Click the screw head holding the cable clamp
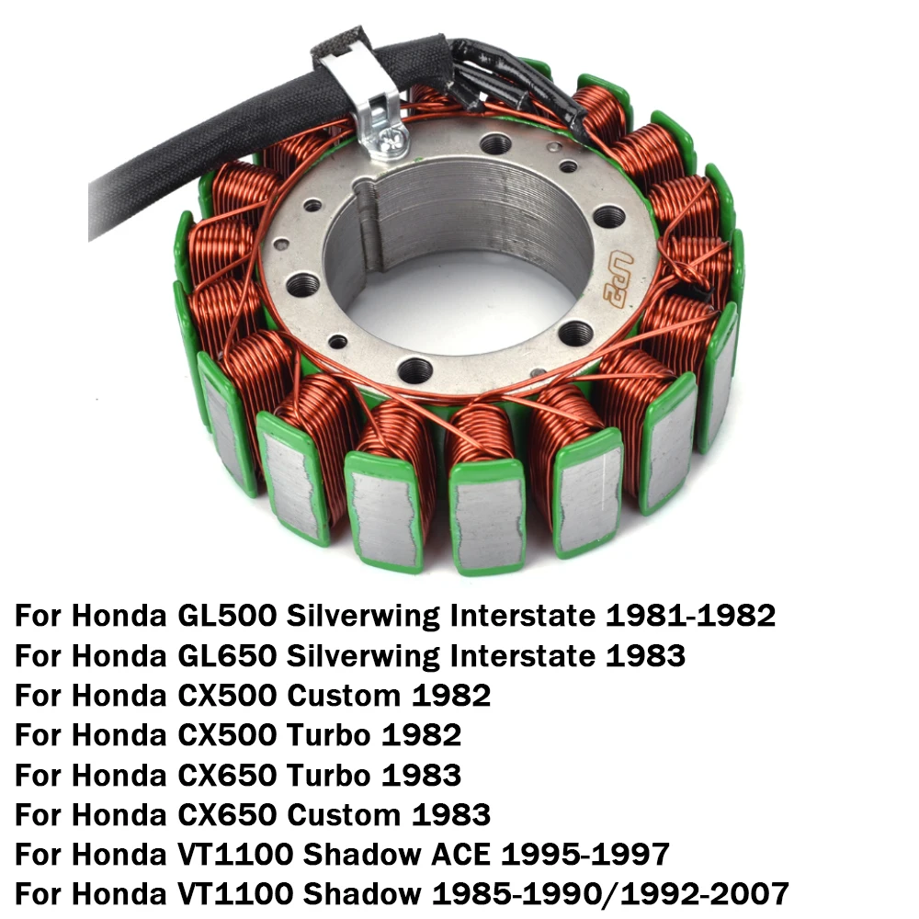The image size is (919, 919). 379,141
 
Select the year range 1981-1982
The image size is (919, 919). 689,615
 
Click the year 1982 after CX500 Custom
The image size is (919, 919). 451,695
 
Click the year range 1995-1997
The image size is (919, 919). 584,854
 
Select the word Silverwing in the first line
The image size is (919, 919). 363,615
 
